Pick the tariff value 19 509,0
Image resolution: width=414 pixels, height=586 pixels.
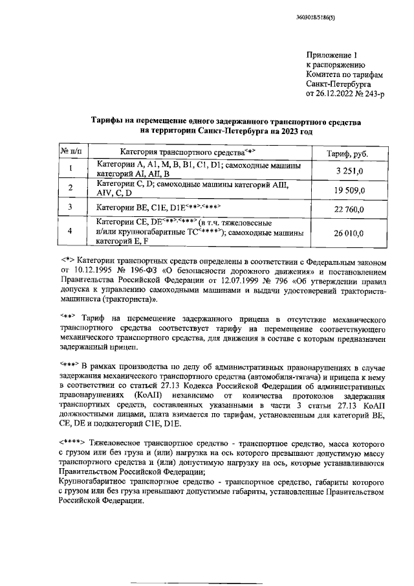coord(350,190)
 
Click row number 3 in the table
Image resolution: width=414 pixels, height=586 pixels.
coord(71,208)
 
